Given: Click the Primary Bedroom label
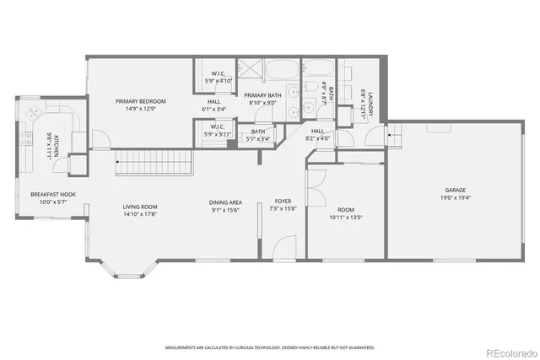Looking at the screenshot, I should tap(140, 101).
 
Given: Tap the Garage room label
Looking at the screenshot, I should tap(456, 191).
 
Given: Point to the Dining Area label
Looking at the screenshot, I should tap(226, 202).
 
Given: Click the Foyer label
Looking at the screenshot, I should tap(283, 201).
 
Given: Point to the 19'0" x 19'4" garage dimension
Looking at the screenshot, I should tap(456, 198).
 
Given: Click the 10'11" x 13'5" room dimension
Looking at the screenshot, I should tap(345, 217).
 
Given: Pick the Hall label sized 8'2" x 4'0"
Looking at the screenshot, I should tap(317, 132).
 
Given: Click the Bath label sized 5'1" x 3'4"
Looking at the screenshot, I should tap(257, 131).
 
